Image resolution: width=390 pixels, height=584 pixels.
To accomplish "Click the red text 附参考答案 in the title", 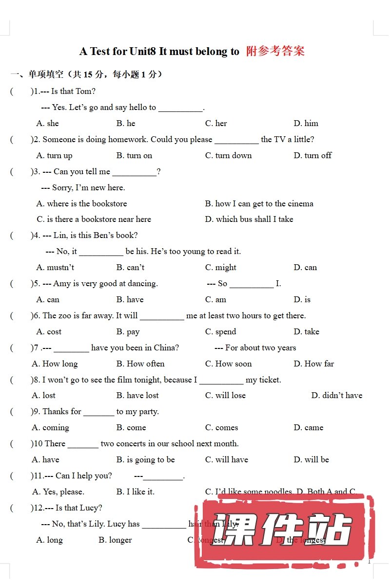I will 275,51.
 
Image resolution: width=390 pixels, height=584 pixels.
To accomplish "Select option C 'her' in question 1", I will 216,123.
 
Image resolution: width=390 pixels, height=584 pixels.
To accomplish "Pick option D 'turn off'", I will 312,155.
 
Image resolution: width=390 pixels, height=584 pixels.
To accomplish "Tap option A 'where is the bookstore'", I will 81,203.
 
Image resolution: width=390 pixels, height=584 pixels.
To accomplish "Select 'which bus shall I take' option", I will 249,219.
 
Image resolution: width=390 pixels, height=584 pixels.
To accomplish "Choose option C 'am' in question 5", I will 215,299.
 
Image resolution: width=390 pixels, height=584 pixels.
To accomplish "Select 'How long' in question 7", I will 55,364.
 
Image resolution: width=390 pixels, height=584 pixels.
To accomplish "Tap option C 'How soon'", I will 228,364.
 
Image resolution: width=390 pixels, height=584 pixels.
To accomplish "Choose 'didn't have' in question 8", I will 337,395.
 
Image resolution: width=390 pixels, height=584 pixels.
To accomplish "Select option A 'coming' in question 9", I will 50,427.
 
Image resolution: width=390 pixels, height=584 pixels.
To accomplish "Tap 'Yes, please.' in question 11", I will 58,492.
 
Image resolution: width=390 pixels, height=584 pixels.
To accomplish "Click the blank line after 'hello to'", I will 180,110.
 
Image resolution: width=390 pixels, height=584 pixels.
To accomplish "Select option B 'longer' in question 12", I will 115,540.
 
